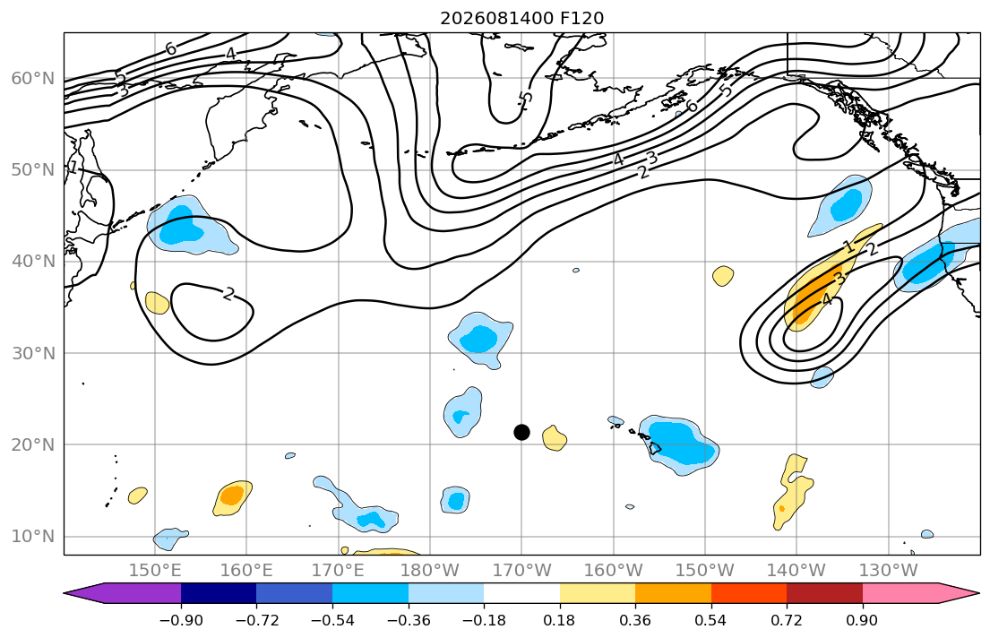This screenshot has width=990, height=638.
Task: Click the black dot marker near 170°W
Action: pyautogui.click(x=521, y=432)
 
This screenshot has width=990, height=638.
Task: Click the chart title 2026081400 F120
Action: pyautogui.click(x=521, y=18)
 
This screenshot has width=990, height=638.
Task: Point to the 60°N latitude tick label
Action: pyautogui.click(x=33, y=78)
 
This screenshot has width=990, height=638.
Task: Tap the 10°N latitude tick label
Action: pyautogui.click(x=33, y=537)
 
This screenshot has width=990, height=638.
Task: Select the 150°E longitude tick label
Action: pyautogui.click(x=155, y=571)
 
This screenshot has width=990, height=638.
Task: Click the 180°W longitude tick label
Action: pyautogui.click(x=430, y=571)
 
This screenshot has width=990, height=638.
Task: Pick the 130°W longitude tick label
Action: pyautogui.click(x=889, y=571)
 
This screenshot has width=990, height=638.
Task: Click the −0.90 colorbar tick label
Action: pyautogui.click(x=181, y=620)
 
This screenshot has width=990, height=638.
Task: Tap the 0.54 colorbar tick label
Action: pyautogui.click(x=711, y=620)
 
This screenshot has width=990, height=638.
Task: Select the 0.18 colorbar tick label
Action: pyautogui.click(x=559, y=620)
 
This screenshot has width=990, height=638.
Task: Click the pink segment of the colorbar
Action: pyautogui.click(x=900, y=593)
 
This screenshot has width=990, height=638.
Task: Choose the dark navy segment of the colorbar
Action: pyautogui.click(x=219, y=593)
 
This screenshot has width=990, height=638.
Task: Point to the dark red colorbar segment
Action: pyautogui.click(x=824, y=593)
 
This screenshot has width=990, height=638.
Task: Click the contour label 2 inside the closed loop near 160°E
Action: pyautogui.click(x=228, y=294)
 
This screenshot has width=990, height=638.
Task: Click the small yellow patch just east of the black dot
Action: pyautogui.click(x=555, y=438)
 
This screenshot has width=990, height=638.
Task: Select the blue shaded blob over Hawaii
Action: pyautogui.click(x=679, y=444)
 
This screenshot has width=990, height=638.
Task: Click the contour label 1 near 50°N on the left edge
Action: pyautogui.click(x=73, y=168)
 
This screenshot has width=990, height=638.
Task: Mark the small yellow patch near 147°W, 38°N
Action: pyautogui.click(x=723, y=276)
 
